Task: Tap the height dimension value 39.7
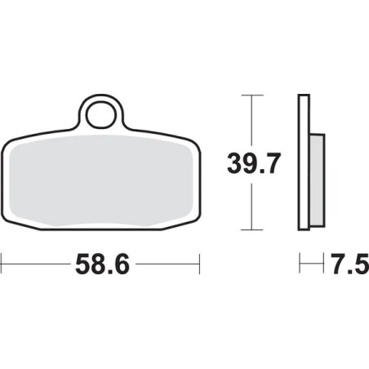click(x=255, y=164)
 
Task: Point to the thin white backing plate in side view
click(x=304, y=163)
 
